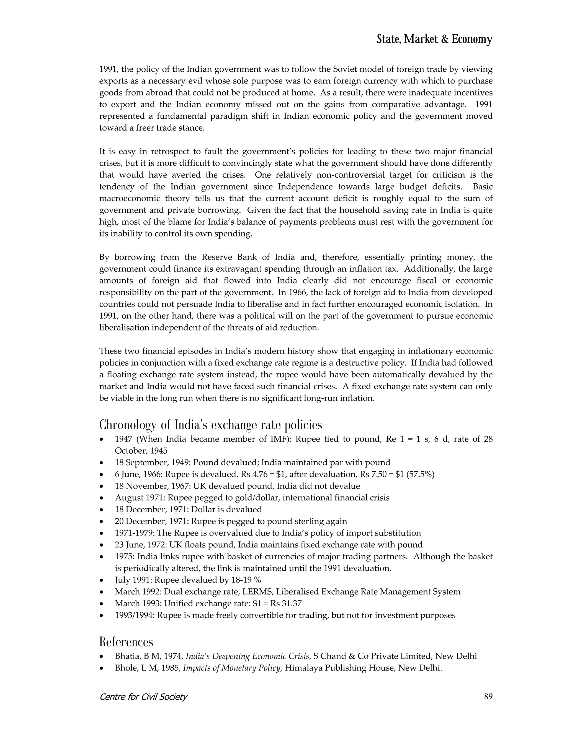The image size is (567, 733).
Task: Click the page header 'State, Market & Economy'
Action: coord(434,39)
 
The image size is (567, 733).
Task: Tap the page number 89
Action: coord(488,696)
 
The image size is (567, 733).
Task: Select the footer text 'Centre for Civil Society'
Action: coord(143,697)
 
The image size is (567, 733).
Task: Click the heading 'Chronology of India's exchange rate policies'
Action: coord(211,425)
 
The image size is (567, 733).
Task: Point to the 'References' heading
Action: coord(126,642)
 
